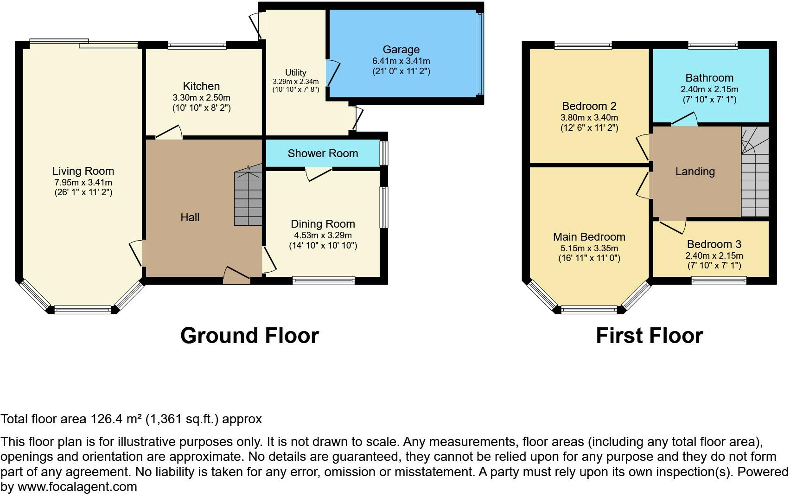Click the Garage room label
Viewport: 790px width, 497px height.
pyautogui.click(x=401, y=50)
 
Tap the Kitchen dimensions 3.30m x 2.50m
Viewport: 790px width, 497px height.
pyautogui.click(x=201, y=97)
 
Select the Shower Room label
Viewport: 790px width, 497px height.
pyautogui.click(x=323, y=153)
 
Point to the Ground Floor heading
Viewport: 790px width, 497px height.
pyautogui.click(x=250, y=336)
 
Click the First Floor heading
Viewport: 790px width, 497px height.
pyautogui.click(x=649, y=336)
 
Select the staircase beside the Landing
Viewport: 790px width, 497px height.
pyautogui.click(x=755, y=172)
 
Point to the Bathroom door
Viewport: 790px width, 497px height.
pyautogui.click(x=684, y=119)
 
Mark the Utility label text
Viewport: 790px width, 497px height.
pyautogui.click(x=295, y=73)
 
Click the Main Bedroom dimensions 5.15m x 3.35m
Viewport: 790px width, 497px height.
pyautogui.click(x=589, y=248)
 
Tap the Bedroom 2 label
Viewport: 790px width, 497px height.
pyautogui.click(x=589, y=106)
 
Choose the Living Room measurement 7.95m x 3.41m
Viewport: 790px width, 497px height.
pyautogui.click(x=83, y=182)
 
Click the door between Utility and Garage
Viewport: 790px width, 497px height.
pyautogui.click(x=333, y=73)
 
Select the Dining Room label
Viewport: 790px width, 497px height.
pyautogui.click(x=323, y=224)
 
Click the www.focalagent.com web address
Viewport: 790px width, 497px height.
pyautogui.click(x=77, y=487)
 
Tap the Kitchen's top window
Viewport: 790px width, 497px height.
pyautogui.click(x=197, y=45)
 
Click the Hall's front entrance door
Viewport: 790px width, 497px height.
pyautogui.click(x=236, y=275)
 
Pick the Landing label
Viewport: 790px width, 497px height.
pyautogui.click(x=695, y=172)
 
